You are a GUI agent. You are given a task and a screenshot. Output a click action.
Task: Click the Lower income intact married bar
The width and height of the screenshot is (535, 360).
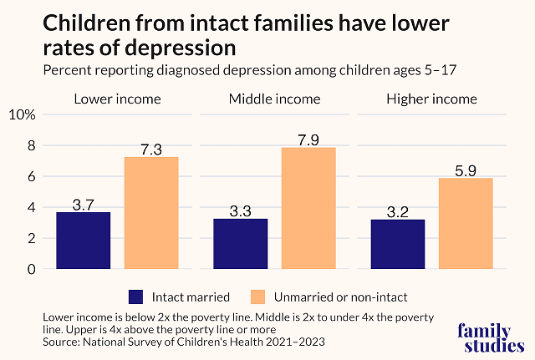[x=84, y=241]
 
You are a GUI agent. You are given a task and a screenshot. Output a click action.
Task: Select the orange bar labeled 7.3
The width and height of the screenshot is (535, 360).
[x=151, y=213]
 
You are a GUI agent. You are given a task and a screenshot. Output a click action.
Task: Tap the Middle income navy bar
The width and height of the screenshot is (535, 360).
[x=241, y=244]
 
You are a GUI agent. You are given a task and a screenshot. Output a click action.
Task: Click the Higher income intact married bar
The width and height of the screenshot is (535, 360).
[x=398, y=244]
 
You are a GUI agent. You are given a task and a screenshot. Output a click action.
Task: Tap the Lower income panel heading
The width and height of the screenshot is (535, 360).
[x=118, y=99]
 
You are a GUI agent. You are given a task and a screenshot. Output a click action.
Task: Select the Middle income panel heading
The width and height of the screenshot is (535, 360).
[x=274, y=99]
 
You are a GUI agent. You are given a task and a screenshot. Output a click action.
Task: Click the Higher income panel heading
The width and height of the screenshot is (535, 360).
[x=431, y=99]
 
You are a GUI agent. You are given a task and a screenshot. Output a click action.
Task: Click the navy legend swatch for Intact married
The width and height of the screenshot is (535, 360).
[x=137, y=297]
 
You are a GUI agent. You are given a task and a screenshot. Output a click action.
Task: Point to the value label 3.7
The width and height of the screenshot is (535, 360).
[x=84, y=204]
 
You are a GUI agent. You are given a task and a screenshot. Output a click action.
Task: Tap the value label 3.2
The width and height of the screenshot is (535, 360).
[x=398, y=212]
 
